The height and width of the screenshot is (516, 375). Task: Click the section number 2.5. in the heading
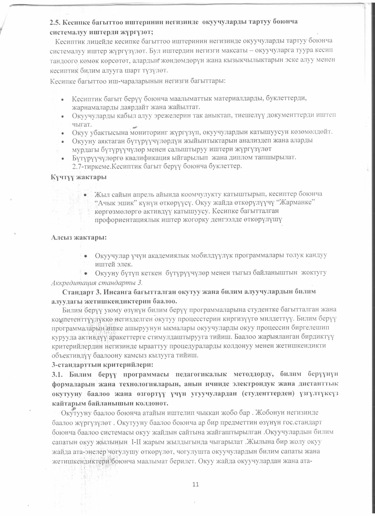(x=56, y=22)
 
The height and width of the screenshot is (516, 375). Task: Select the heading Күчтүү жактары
(x=78, y=178)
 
